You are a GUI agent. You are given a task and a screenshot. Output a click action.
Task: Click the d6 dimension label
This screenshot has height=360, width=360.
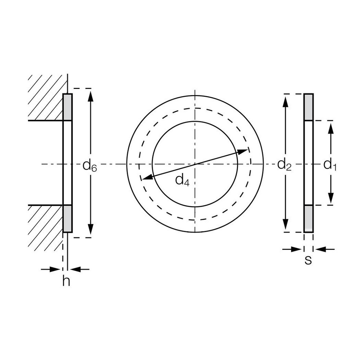coord(90,166)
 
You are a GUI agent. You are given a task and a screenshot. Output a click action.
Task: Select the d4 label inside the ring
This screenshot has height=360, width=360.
coord(182,180)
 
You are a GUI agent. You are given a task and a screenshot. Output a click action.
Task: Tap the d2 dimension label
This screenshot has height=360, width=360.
coord(284,165)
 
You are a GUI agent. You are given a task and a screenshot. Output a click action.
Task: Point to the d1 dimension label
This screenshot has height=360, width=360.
coord(330,165)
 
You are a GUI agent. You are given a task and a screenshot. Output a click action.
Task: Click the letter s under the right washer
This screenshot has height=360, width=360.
coord(308,260)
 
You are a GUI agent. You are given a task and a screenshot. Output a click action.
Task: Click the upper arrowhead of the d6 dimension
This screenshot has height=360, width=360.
coord(90,96)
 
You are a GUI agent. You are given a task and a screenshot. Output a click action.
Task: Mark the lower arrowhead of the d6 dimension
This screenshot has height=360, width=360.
coord(90,229)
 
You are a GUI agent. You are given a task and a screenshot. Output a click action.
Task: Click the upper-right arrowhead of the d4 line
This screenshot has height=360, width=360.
coord(243,151)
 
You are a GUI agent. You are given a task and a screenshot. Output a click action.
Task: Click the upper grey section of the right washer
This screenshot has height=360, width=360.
coord(309,107)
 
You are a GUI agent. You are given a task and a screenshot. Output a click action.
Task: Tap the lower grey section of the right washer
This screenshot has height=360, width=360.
coord(309,219)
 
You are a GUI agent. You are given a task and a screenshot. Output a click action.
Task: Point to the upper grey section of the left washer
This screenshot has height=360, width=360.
coord(67,107)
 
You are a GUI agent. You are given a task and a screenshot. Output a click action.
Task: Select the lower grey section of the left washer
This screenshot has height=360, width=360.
coord(67,219)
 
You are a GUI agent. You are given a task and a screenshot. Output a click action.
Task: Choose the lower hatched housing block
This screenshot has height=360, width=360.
coord(45,227)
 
